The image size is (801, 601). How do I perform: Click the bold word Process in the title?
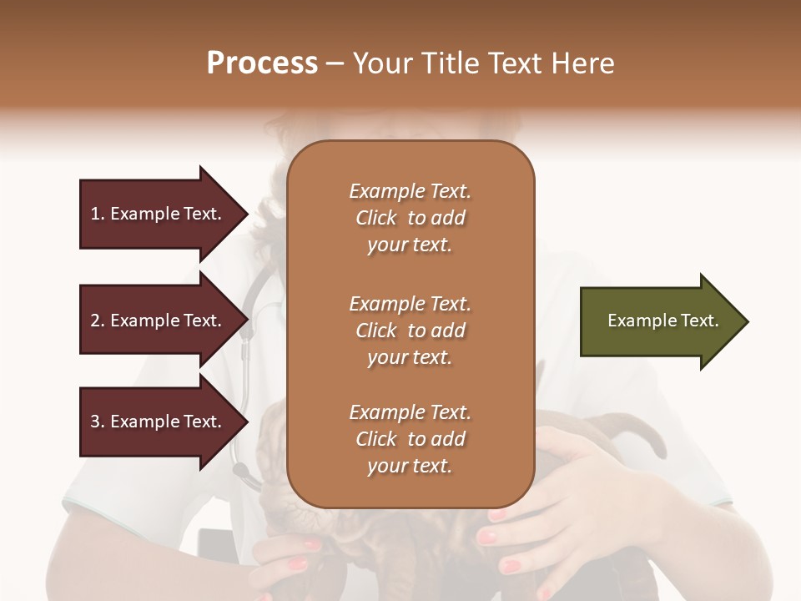[262, 63]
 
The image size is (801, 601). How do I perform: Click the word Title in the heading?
[452, 63]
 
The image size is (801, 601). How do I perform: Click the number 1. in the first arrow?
[97, 214]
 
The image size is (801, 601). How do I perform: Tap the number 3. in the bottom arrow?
[97, 422]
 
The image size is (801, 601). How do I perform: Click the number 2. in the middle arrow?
[97, 321]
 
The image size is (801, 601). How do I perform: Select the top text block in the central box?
[410, 218]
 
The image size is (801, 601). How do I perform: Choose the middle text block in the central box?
[410, 330]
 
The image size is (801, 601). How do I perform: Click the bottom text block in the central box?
[410, 439]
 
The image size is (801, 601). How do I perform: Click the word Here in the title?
[584, 63]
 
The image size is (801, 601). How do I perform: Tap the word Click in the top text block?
[375, 219]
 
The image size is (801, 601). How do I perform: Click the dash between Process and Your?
[335, 64]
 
